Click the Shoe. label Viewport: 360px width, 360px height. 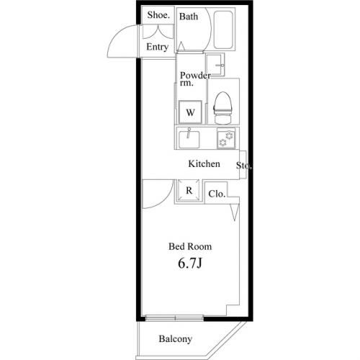pos(158,15)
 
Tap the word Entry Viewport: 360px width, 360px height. pos(157,47)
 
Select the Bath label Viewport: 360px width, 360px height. pos(189,17)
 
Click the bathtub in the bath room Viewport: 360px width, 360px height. pos(223,30)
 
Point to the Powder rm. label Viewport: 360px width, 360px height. pos(195,78)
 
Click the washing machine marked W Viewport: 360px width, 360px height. pos(190,112)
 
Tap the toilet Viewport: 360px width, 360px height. pos(223,108)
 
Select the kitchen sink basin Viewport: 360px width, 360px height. pos(189,140)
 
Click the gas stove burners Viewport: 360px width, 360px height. pos(226,138)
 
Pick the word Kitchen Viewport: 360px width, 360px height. pos(204,164)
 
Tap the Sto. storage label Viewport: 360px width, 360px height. pos(244,166)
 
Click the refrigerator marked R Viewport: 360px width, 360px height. pos(189,191)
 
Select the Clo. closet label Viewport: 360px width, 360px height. pos(217,194)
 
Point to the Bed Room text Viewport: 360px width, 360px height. pos(190,246)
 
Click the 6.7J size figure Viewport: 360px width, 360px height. pos(189,264)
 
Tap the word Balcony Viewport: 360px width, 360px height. pos(175,339)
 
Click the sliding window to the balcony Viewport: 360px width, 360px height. pos(175,318)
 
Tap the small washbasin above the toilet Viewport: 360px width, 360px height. pos(215,65)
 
